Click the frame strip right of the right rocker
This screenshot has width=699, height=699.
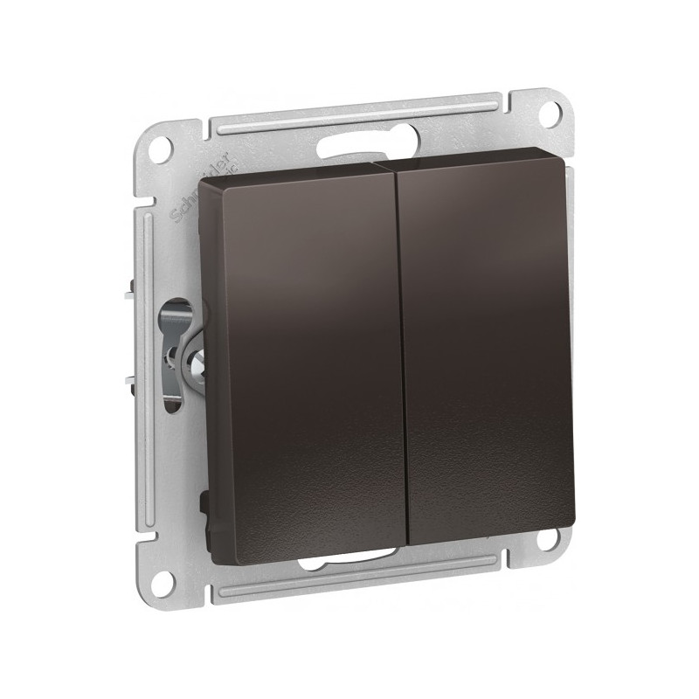coord(569,349)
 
